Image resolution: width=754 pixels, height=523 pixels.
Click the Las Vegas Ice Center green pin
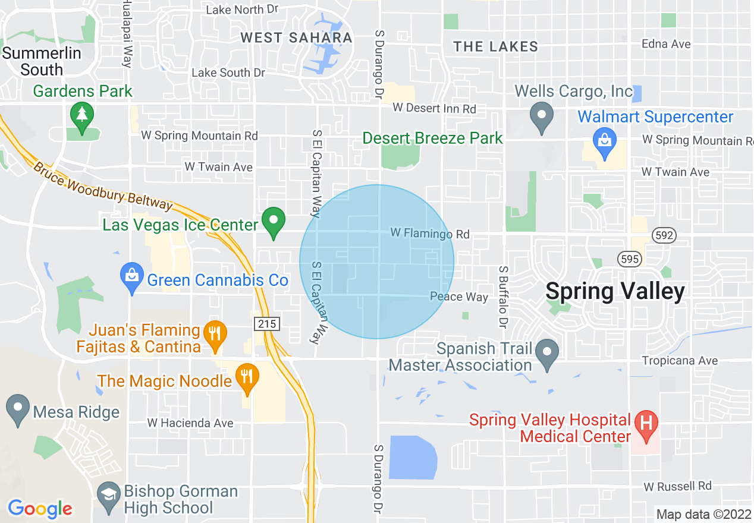pyautogui.click(x=274, y=221)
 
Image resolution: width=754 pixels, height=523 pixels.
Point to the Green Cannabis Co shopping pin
pyautogui.click(x=132, y=276)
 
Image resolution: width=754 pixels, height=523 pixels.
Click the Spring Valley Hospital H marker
pyautogui.click(x=645, y=425)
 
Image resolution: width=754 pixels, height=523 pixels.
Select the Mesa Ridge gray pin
pyautogui.click(x=18, y=409)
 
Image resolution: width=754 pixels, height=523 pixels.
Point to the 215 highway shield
pyautogui.click(x=266, y=324)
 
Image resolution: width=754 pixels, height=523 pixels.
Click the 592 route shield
pyautogui.click(x=664, y=235)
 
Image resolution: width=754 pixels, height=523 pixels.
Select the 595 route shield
pyautogui.click(x=629, y=259)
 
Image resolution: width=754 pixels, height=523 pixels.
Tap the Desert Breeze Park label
pyautogui.click(x=432, y=138)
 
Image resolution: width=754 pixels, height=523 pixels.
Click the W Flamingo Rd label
pyautogui.click(x=430, y=234)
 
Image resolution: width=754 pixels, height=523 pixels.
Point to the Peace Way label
pyautogui.click(x=459, y=297)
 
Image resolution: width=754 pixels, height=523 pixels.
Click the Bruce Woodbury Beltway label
pyautogui.click(x=102, y=187)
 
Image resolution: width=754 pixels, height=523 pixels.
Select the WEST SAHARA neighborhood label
pyautogui.click(x=296, y=38)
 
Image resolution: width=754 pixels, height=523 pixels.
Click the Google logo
pyautogui.click(x=40, y=508)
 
